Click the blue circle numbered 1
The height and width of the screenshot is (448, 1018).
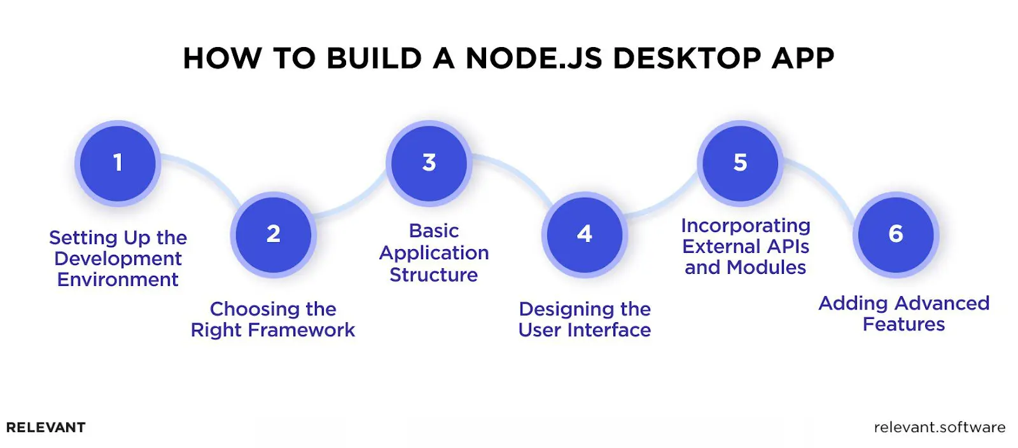118,163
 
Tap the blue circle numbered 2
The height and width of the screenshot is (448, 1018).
274,234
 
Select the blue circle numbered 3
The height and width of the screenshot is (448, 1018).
429,163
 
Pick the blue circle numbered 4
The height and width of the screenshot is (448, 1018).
585,234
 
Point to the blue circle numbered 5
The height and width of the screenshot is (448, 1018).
740,163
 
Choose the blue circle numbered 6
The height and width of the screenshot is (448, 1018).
896,234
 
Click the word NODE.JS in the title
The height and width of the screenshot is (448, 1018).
533,58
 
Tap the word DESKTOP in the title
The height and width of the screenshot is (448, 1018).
687,58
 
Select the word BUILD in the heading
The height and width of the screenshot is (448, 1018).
374,58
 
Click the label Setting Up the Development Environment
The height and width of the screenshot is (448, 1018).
118,259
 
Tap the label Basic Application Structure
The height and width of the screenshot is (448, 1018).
434,253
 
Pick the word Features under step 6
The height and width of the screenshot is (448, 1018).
903,324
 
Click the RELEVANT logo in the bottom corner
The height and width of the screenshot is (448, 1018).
46,428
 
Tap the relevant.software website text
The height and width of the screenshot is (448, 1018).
939,428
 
